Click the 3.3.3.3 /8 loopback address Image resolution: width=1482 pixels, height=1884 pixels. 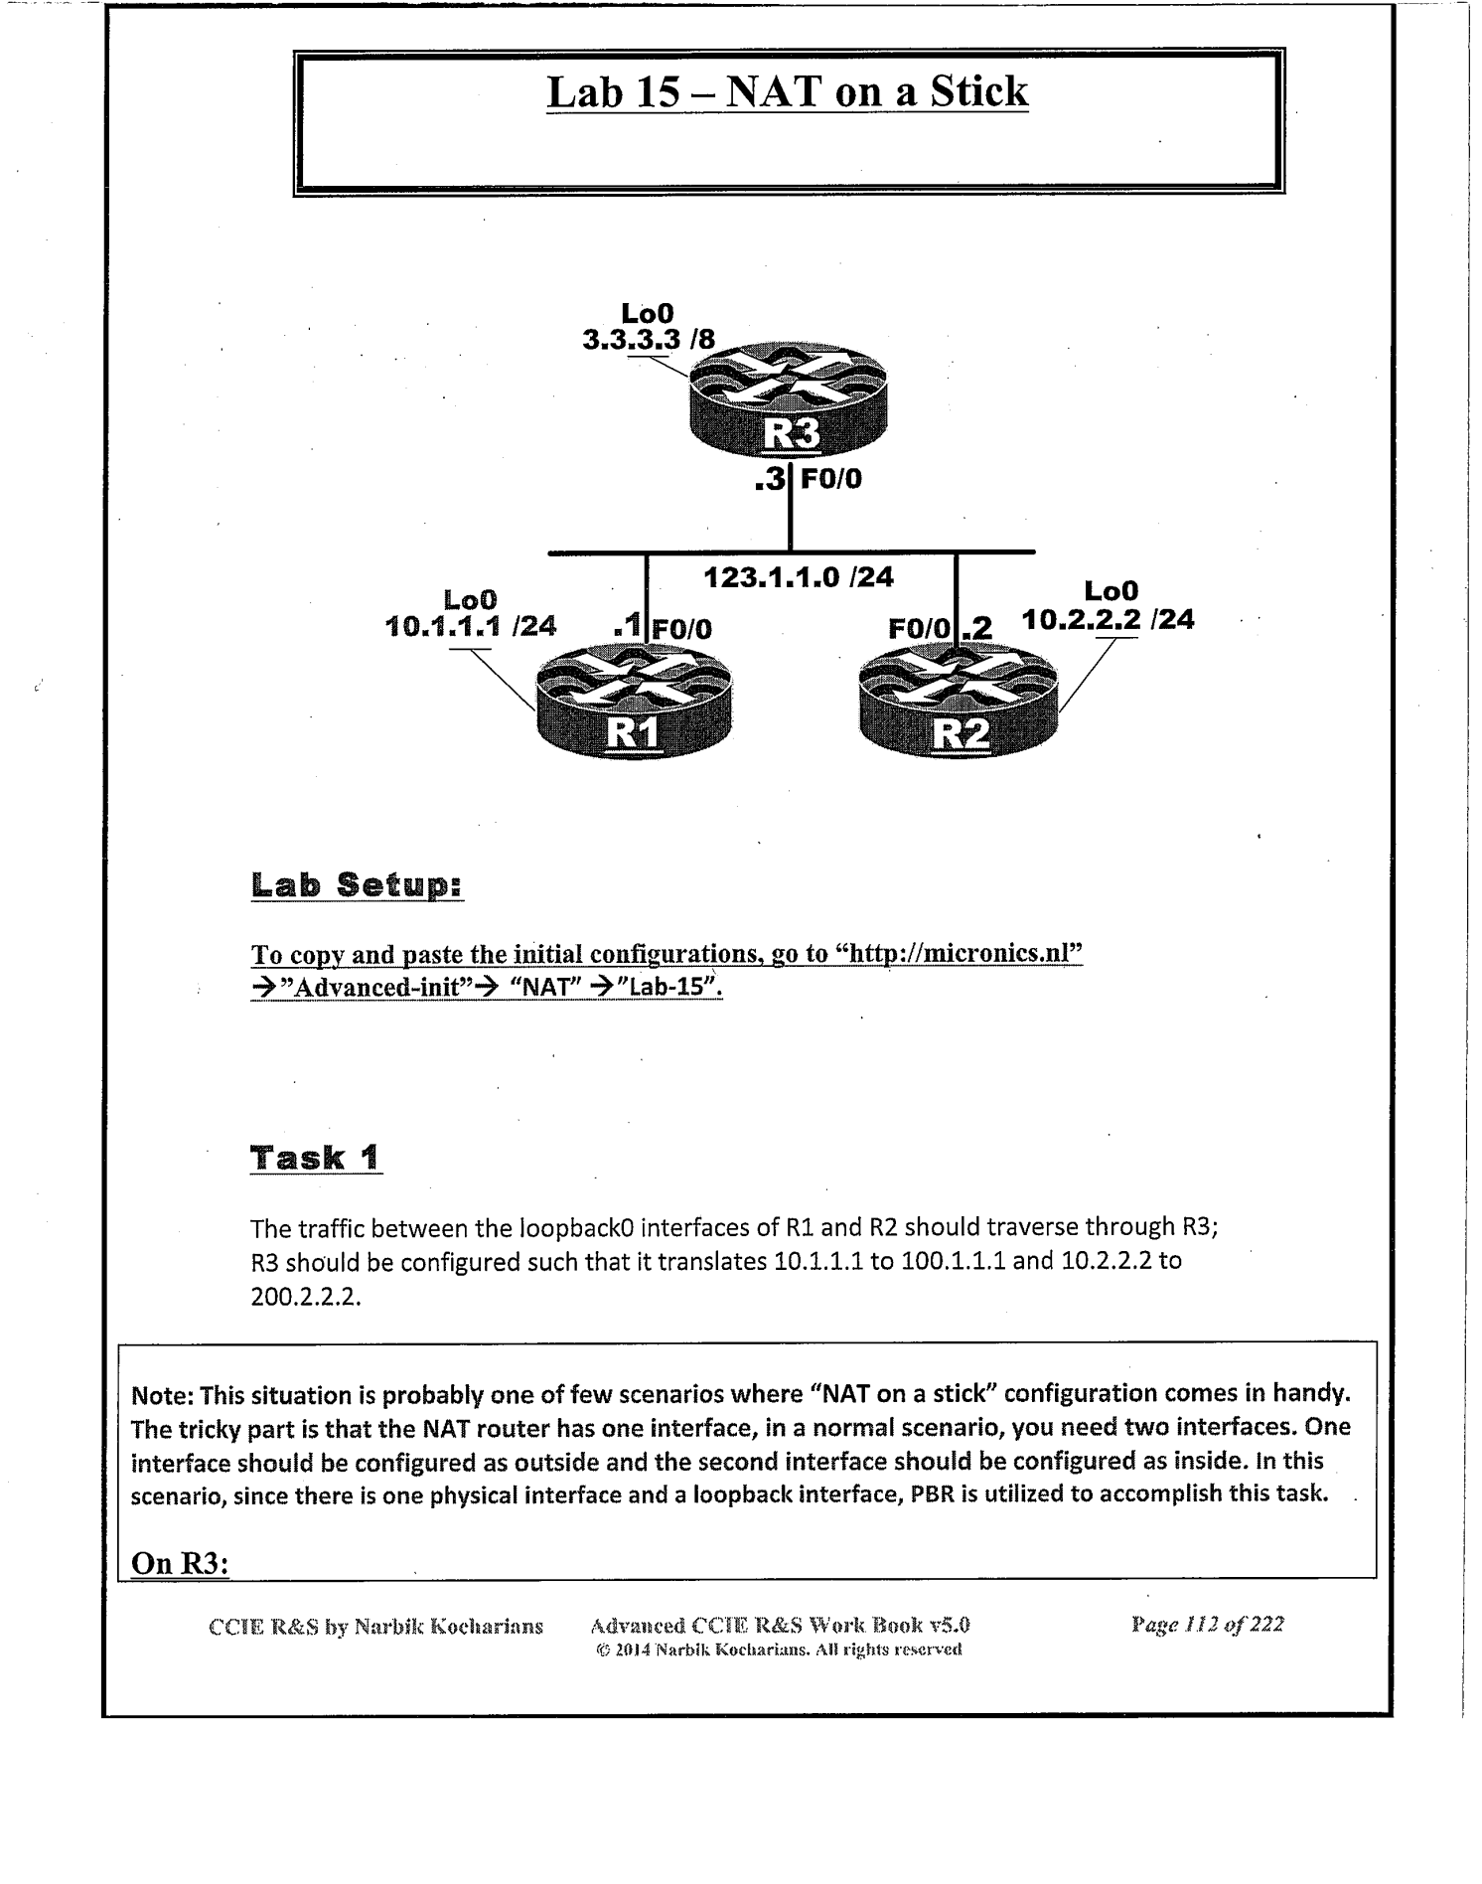pos(648,340)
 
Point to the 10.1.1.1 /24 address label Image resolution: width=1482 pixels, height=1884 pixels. pos(470,626)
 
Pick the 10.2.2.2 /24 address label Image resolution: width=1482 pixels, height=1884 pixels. pos(1108,620)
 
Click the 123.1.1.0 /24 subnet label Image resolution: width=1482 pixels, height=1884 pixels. pos(799,576)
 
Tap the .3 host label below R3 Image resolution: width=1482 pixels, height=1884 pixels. pos(770,480)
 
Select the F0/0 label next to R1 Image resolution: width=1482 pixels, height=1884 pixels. pos(681,629)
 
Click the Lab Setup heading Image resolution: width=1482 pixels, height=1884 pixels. pos(357,884)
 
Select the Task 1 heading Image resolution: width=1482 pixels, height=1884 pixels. pos(315,1158)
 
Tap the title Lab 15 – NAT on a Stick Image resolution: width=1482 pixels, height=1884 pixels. pos(788,92)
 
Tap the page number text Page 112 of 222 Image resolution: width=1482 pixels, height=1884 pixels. pos(1207,1625)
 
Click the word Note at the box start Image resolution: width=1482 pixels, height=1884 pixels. pos(161,1394)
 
